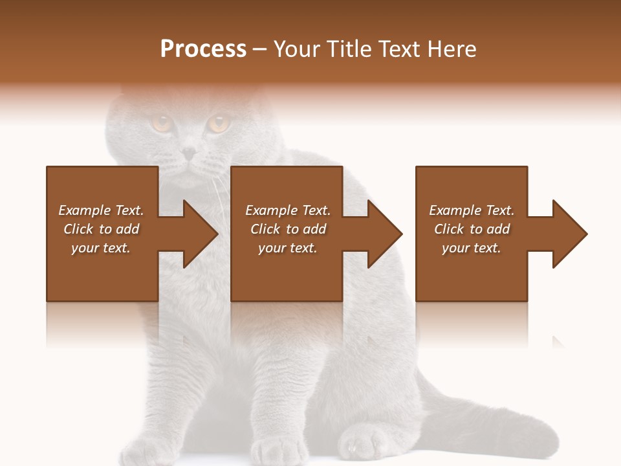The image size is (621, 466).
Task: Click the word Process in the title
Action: pyautogui.click(x=203, y=49)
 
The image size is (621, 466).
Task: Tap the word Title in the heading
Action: pyautogui.click(x=347, y=49)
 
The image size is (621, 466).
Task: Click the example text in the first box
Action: pyautogui.click(x=101, y=229)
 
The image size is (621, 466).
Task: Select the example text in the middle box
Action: pyautogui.click(x=287, y=229)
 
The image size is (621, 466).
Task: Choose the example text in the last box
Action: pyautogui.click(x=472, y=229)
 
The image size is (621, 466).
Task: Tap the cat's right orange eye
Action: pyautogui.click(x=218, y=122)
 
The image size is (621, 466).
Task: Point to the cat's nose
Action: pyautogui.click(x=188, y=153)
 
